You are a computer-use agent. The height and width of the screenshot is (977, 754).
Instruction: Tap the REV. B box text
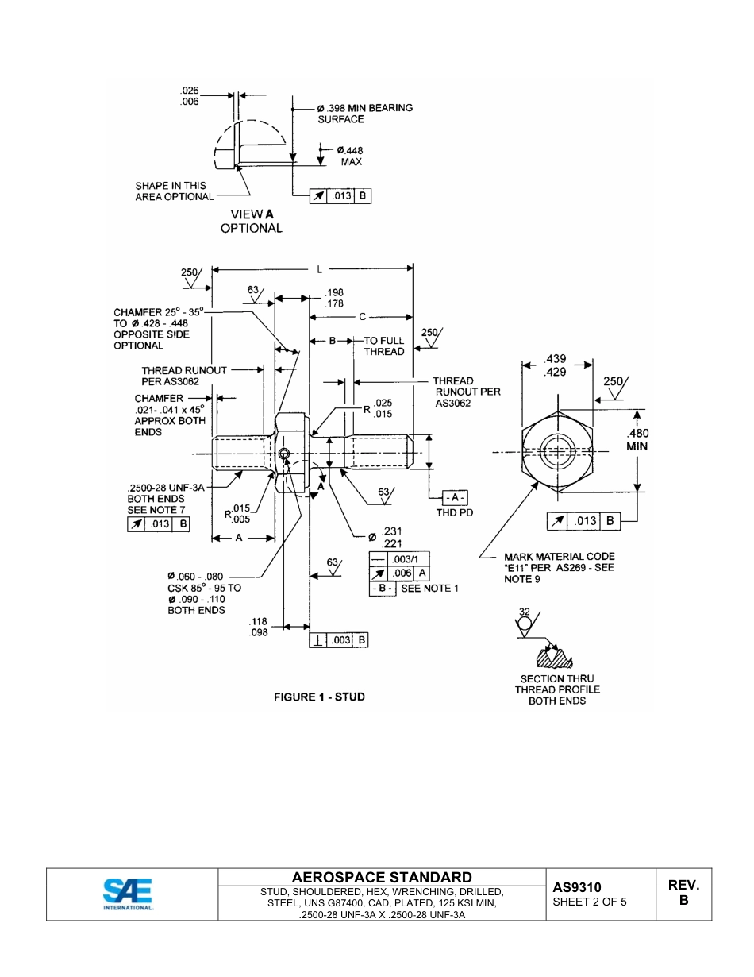point(683,893)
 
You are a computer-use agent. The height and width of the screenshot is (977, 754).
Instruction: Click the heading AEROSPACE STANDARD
point(382,878)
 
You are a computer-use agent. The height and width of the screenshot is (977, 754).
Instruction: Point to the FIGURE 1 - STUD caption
point(319,697)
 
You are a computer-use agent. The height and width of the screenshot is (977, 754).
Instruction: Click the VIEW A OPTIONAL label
point(252,221)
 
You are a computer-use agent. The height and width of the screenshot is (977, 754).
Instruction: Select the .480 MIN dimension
point(637,440)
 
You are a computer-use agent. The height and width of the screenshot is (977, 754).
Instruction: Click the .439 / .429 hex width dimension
point(556,366)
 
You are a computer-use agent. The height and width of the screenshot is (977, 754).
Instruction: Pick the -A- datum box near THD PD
point(455,497)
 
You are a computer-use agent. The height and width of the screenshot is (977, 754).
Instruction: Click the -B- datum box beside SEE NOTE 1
point(382,589)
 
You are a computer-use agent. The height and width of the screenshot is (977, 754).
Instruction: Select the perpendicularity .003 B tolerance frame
point(339,640)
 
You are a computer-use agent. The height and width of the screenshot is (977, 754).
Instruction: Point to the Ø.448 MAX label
point(350,156)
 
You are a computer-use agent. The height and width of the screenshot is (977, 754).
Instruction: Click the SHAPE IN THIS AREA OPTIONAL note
point(174,191)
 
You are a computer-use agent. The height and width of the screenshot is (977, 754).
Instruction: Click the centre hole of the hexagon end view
point(559,453)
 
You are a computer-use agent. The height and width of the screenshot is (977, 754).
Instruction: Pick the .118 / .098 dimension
point(258,627)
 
